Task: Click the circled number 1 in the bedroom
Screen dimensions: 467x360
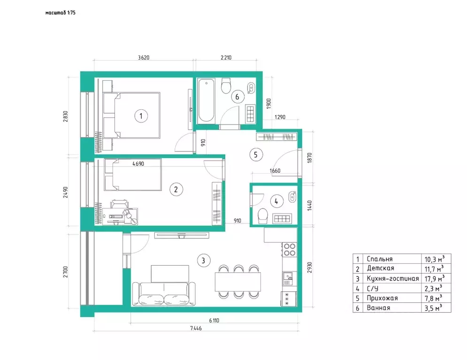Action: (x=141, y=116)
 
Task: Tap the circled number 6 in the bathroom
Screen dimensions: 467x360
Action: (x=237, y=97)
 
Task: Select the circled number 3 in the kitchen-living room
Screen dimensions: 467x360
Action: (x=203, y=260)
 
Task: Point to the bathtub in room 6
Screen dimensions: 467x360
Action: (x=206, y=100)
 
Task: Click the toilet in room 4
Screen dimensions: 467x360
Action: (x=263, y=215)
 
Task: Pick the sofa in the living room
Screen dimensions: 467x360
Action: (x=163, y=294)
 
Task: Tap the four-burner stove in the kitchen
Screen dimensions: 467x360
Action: (x=290, y=250)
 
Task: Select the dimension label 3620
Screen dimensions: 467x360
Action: (x=144, y=57)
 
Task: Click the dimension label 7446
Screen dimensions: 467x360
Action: (x=196, y=328)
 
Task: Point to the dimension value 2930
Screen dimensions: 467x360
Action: (x=310, y=268)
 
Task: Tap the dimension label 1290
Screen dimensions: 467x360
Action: (x=280, y=117)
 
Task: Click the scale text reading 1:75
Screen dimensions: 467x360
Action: (x=71, y=13)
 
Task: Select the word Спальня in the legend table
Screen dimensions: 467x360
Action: (x=380, y=259)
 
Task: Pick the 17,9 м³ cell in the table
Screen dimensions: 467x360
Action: (x=434, y=278)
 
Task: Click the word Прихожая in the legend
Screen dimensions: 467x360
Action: (x=382, y=298)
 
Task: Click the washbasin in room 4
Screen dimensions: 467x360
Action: (x=292, y=197)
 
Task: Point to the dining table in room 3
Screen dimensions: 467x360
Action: (x=238, y=282)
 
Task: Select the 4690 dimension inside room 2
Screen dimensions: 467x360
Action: (x=138, y=163)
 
